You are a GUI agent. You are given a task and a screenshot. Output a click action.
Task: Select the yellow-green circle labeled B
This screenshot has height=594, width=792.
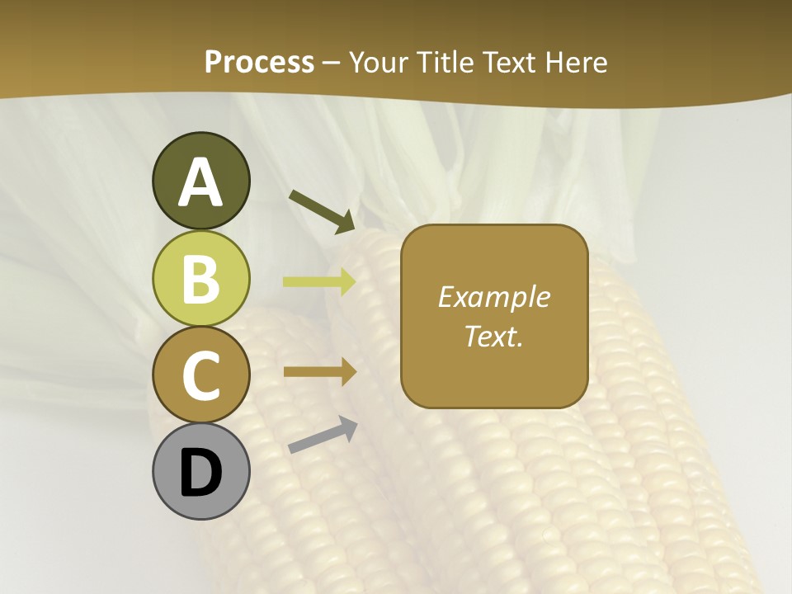pos(200,278)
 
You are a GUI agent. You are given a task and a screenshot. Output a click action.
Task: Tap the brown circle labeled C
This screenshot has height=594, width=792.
pos(200,375)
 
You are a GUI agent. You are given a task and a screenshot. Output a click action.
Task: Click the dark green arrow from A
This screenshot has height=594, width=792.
pos(322,210)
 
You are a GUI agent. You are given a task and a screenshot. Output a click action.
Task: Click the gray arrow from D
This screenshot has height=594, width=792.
pos(323,436)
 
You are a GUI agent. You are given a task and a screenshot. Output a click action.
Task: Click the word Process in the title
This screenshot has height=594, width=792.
pos(259,62)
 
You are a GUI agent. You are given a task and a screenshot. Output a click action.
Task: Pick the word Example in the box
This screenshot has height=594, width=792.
pos(493,297)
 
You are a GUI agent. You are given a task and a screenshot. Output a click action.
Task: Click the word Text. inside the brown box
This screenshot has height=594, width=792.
pos(493,337)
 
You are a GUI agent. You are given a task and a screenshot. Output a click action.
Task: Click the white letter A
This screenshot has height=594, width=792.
pos(200,182)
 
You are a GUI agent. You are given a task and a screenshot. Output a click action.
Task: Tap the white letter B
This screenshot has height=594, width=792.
pos(200,279)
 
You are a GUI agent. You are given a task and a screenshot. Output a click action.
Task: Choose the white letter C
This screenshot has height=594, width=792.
pos(200,376)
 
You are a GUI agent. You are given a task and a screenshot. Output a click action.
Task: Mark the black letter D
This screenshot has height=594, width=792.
pos(200,474)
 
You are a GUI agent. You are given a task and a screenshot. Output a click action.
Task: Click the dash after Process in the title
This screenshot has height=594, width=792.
pos(332,64)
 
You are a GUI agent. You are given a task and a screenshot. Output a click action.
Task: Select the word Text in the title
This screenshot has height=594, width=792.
pos(509,62)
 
